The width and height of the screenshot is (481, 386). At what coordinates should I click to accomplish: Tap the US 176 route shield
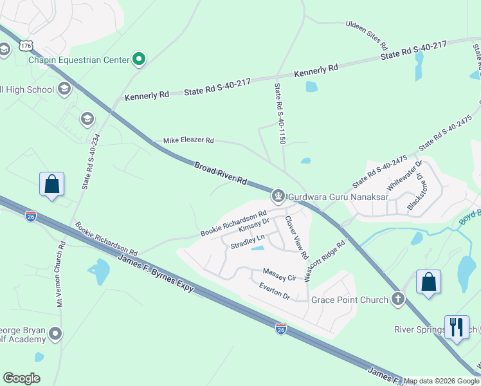26,45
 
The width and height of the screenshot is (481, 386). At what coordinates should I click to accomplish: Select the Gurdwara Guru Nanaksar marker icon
278,194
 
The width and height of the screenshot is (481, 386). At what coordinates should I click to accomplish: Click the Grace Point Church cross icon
399,299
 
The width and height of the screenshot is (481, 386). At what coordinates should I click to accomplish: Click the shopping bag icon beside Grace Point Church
428,282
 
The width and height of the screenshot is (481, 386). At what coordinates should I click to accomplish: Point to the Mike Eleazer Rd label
188,140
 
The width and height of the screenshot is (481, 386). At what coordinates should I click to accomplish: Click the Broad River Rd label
221,174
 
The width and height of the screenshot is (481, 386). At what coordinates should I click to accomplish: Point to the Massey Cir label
279,275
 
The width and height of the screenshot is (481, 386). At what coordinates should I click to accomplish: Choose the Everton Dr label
275,292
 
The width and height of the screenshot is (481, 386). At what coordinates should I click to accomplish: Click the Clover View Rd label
296,237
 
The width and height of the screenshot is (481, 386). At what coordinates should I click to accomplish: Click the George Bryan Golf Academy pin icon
56,334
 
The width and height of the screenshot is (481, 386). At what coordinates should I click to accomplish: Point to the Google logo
21,378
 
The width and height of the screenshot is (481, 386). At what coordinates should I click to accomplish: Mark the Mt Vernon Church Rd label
60,274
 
